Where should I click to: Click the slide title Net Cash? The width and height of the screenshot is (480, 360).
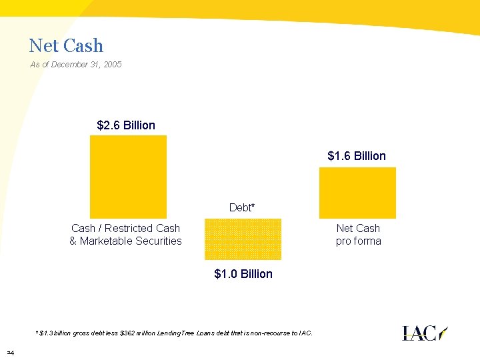(x=66, y=46)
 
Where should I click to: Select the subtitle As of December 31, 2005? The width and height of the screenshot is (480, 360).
(x=76, y=65)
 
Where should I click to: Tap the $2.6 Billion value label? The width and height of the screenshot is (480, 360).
(x=126, y=125)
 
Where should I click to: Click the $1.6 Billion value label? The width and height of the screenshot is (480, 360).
(x=357, y=156)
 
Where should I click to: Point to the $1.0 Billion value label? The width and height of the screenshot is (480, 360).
(x=243, y=274)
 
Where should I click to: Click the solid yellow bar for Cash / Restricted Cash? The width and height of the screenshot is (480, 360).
(x=128, y=177)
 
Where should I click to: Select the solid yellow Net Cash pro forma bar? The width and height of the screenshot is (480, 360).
(x=357, y=193)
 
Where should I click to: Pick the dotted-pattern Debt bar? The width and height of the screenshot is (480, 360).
(x=243, y=239)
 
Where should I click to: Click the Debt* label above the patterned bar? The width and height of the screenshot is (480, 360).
(x=242, y=208)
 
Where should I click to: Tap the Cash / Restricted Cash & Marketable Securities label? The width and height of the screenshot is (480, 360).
(x=125, y=235)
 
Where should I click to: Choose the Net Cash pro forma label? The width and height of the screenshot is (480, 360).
(x=358, y=235)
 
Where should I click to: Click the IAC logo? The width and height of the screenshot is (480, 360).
(x=425, y=333)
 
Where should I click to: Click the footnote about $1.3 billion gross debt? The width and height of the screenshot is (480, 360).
(x=173, y=333)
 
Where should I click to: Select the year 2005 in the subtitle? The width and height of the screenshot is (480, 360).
(x=111, y=65)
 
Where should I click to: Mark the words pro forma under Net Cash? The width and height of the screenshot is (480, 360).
(x=358, y=241)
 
